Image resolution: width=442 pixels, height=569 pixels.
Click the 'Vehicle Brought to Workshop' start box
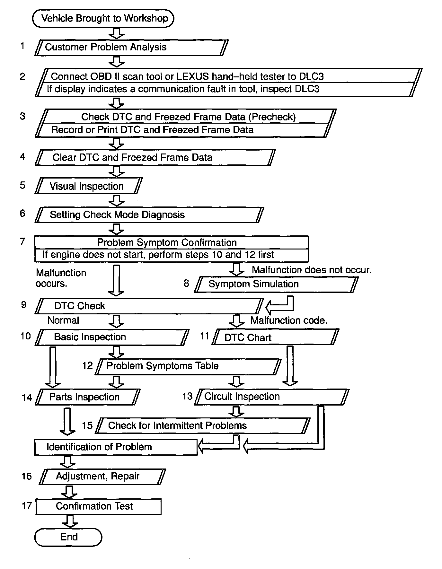(103, 18)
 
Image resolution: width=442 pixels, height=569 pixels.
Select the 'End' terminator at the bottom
(68, 537)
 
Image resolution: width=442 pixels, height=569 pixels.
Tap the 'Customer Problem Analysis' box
(131, 48)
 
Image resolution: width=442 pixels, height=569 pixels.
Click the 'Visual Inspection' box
(88, 186)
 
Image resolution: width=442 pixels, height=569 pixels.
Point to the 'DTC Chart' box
(275, 337)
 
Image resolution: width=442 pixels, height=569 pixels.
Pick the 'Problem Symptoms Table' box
(188, 366)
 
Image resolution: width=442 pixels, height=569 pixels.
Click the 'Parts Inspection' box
(87, 397)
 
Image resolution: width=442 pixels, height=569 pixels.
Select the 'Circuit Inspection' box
(271, 397)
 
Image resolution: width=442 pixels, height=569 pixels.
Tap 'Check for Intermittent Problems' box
(203, 425)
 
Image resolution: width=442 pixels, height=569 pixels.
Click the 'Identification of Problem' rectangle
(116, 447)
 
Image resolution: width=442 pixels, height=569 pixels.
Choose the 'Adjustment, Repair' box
(102, 477)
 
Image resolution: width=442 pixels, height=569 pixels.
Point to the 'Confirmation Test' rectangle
(98, 506)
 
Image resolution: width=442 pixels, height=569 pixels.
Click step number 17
(27, 506)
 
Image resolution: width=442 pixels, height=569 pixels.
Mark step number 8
(186, 283)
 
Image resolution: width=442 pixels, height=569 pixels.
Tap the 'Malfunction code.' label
(289, 320)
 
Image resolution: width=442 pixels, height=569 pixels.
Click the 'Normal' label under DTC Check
(63, 320)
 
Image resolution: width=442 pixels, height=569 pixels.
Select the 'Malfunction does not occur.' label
(311, 270)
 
